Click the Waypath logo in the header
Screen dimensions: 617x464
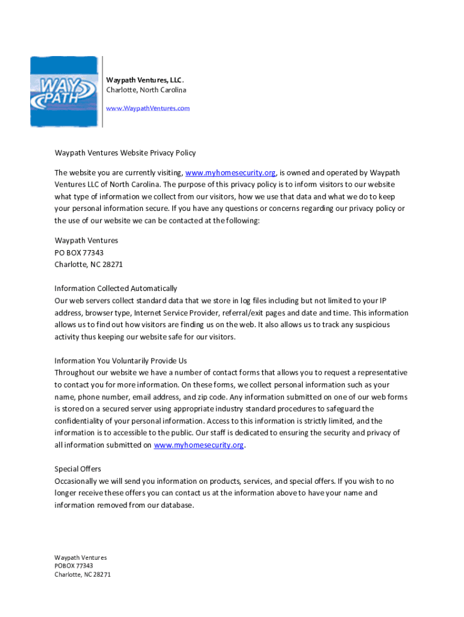64,92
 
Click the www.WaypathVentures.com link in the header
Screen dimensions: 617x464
148,108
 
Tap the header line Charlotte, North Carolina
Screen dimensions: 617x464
146,90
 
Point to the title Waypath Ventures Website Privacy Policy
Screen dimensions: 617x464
125,153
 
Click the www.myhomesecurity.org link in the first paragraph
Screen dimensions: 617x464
230,173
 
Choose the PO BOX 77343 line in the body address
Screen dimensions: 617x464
75,252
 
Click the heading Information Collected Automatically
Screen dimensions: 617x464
116,289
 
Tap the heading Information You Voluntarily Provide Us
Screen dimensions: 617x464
121,361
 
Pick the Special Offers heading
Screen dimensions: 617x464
78,469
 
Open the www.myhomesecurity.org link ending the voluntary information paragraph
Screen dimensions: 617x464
199,445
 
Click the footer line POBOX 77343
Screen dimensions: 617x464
74,566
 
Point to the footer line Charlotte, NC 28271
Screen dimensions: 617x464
83,574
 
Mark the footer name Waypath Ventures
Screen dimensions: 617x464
80,557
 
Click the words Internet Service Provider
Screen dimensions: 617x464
176,313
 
